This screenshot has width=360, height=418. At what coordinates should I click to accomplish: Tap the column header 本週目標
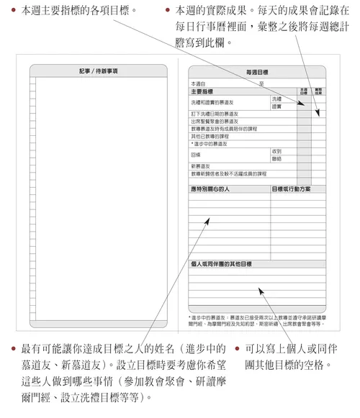303,91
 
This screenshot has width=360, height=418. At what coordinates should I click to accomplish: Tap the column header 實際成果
318,91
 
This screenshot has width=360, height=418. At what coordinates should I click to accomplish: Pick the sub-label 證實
277,106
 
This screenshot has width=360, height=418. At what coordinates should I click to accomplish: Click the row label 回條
196,154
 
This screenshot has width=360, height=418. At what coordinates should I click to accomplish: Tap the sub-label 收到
277,150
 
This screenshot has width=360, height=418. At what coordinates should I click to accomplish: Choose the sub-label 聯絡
277,158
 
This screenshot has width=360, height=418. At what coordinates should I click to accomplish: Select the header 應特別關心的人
213,189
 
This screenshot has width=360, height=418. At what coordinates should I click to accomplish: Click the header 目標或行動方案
292,189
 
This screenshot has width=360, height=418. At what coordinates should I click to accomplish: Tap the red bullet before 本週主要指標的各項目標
14,11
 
